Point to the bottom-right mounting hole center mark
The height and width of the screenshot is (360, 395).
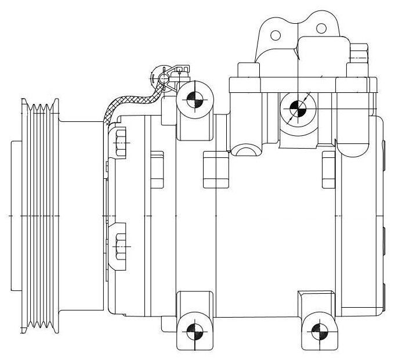[316, 332]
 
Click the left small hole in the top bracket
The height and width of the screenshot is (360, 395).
[276, 35]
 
